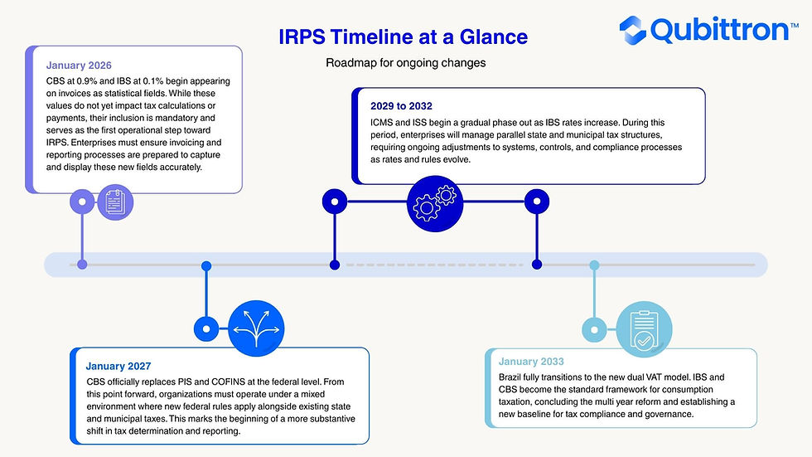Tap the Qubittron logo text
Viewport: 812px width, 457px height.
720,30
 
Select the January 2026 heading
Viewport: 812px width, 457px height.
79,65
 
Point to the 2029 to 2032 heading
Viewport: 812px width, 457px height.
402,106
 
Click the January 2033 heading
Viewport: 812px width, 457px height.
531,362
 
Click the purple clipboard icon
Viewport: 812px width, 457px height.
115,201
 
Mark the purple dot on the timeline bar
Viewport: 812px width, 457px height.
82,265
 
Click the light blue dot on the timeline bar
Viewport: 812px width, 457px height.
594,265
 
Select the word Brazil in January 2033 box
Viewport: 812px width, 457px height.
514,377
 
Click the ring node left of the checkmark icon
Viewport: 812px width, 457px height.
594,328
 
